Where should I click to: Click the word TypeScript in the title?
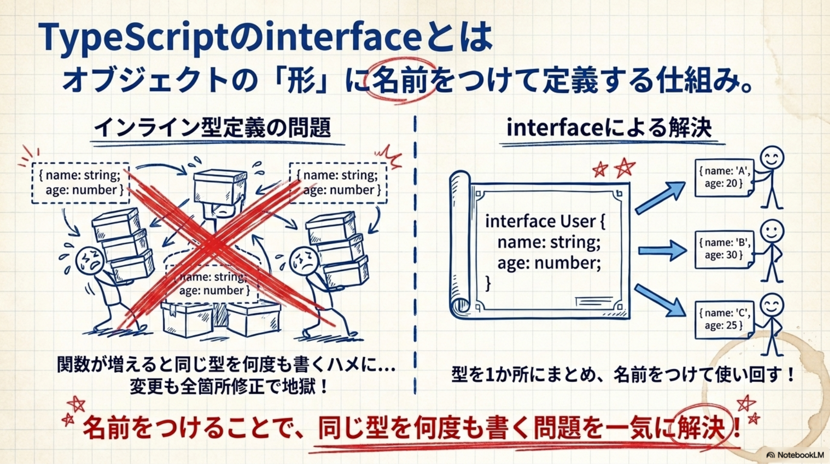pos(133,38)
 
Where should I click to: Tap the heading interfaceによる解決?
pos(609,127)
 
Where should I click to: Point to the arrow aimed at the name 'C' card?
pos(660,300)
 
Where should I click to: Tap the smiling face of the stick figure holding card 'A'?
pos(772,158)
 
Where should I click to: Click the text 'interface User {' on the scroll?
pos(545,221)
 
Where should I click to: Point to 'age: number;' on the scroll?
pos(549,263)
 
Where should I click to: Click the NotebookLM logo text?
pos(800,454)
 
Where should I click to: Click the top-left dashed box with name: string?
pos(81,183)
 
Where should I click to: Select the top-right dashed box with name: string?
pos(339,183)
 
